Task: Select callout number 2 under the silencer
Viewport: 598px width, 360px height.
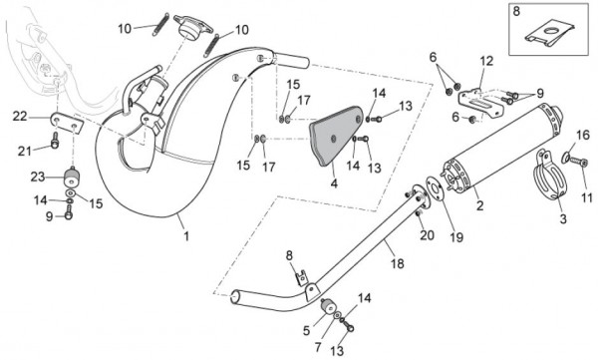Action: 479,207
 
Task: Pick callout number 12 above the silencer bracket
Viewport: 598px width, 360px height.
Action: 486,62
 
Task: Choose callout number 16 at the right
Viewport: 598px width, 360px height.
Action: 584,134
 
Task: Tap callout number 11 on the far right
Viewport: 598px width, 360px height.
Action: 586,201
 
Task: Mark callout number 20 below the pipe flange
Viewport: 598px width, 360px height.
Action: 426,235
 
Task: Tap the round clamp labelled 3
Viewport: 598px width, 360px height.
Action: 547,180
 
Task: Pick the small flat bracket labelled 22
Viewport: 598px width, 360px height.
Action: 67,125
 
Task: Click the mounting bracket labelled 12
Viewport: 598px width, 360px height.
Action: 476,97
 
